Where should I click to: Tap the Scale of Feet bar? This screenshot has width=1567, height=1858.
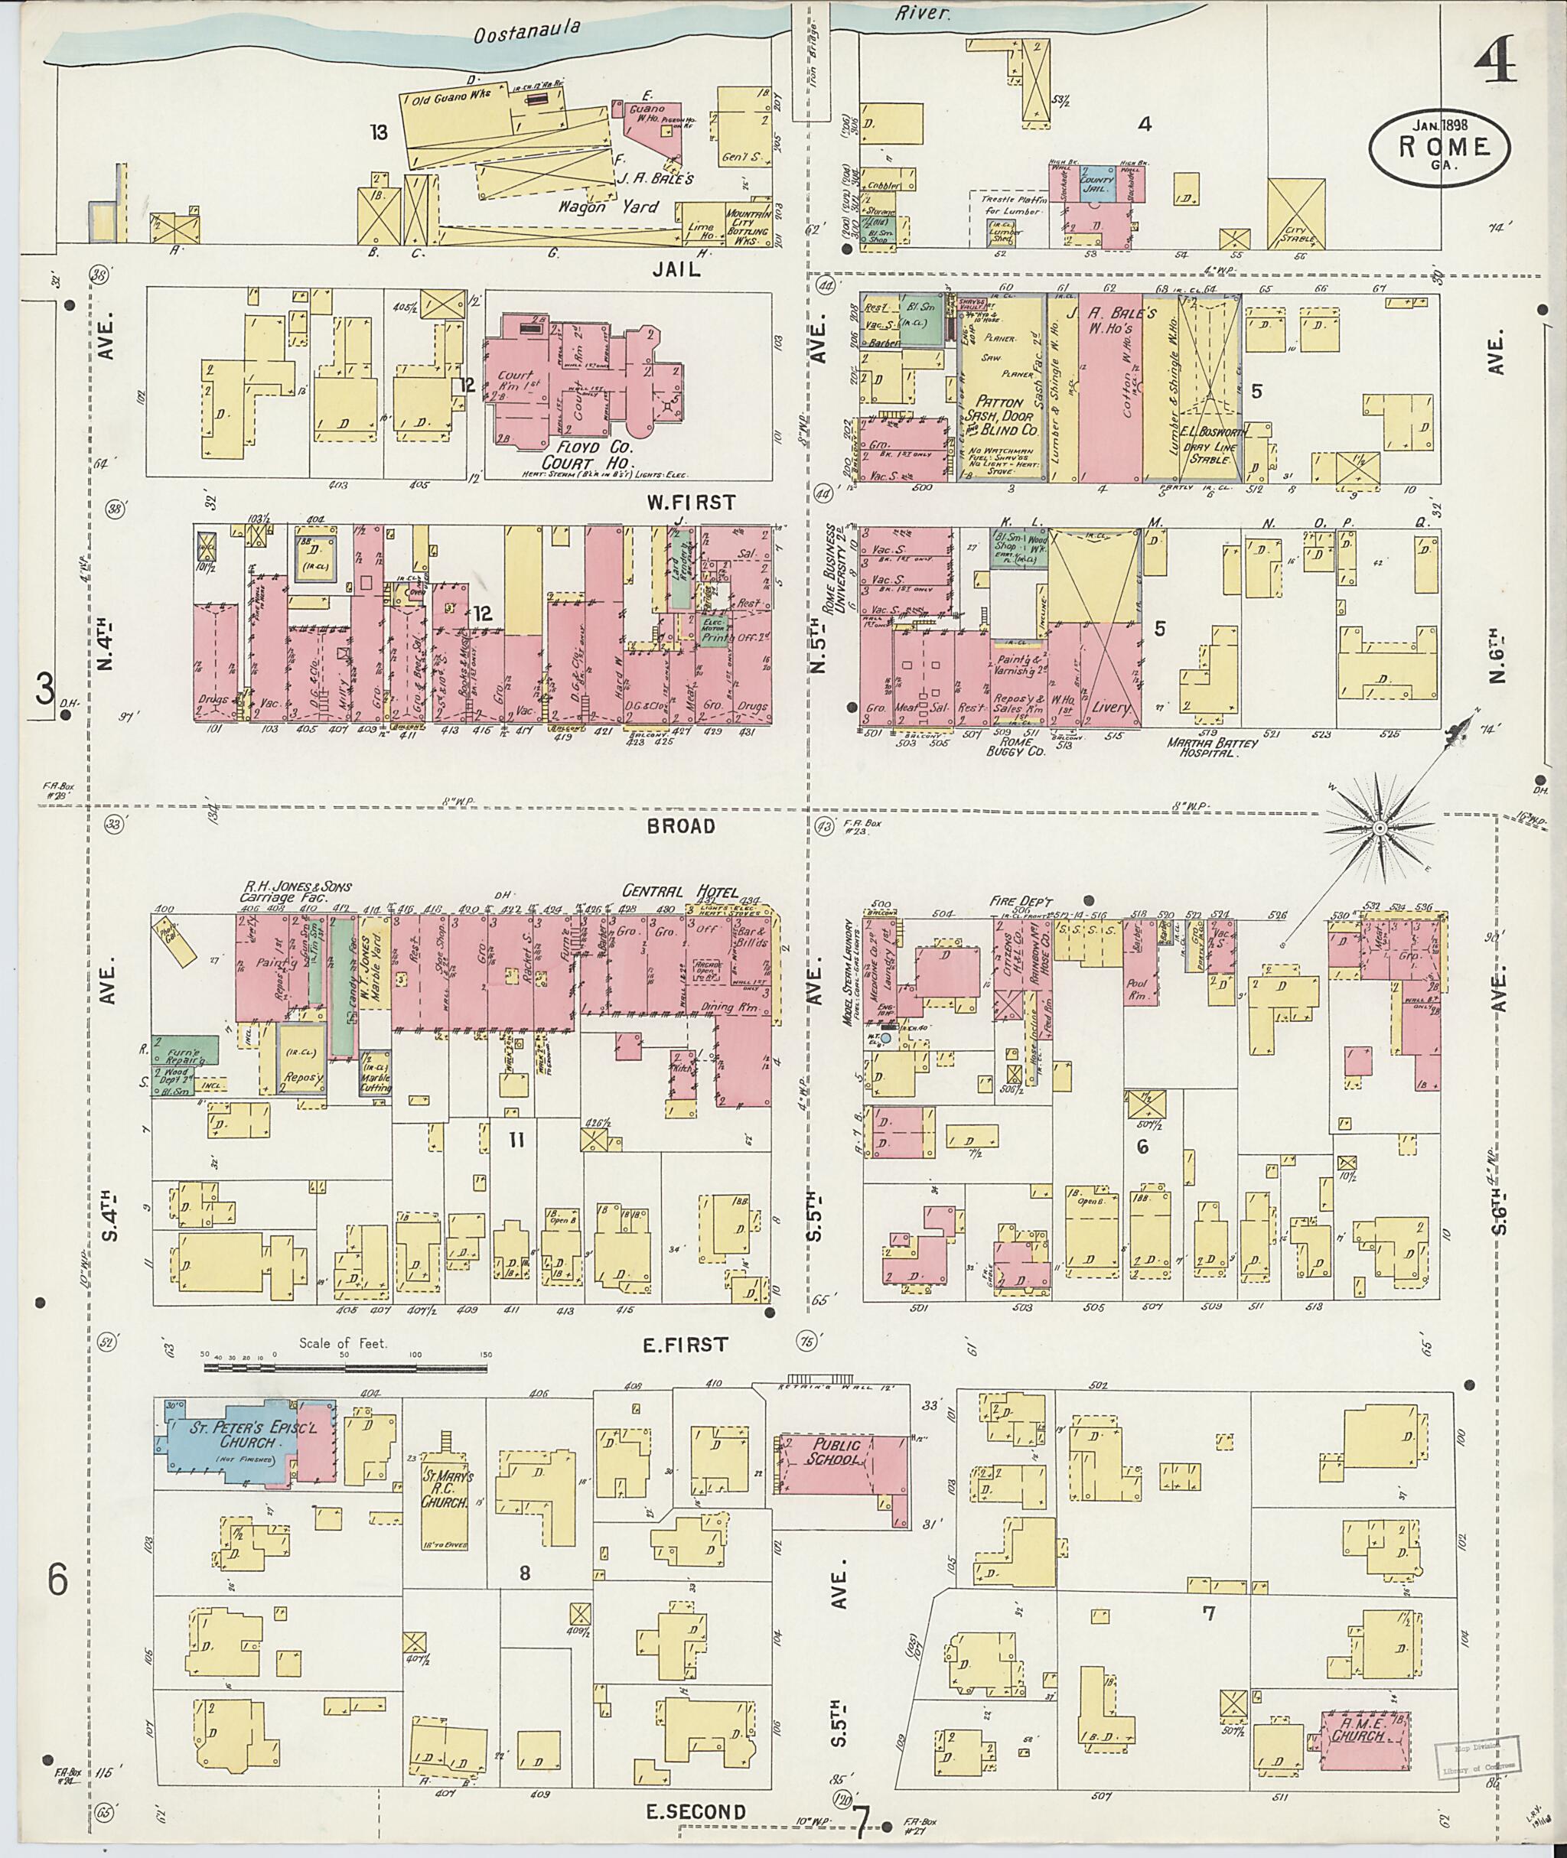[x=347, y=1368]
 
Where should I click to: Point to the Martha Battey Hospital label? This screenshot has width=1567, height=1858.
[x=1213, y=747]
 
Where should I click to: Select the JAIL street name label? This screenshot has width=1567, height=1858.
[x=677, y=270]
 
